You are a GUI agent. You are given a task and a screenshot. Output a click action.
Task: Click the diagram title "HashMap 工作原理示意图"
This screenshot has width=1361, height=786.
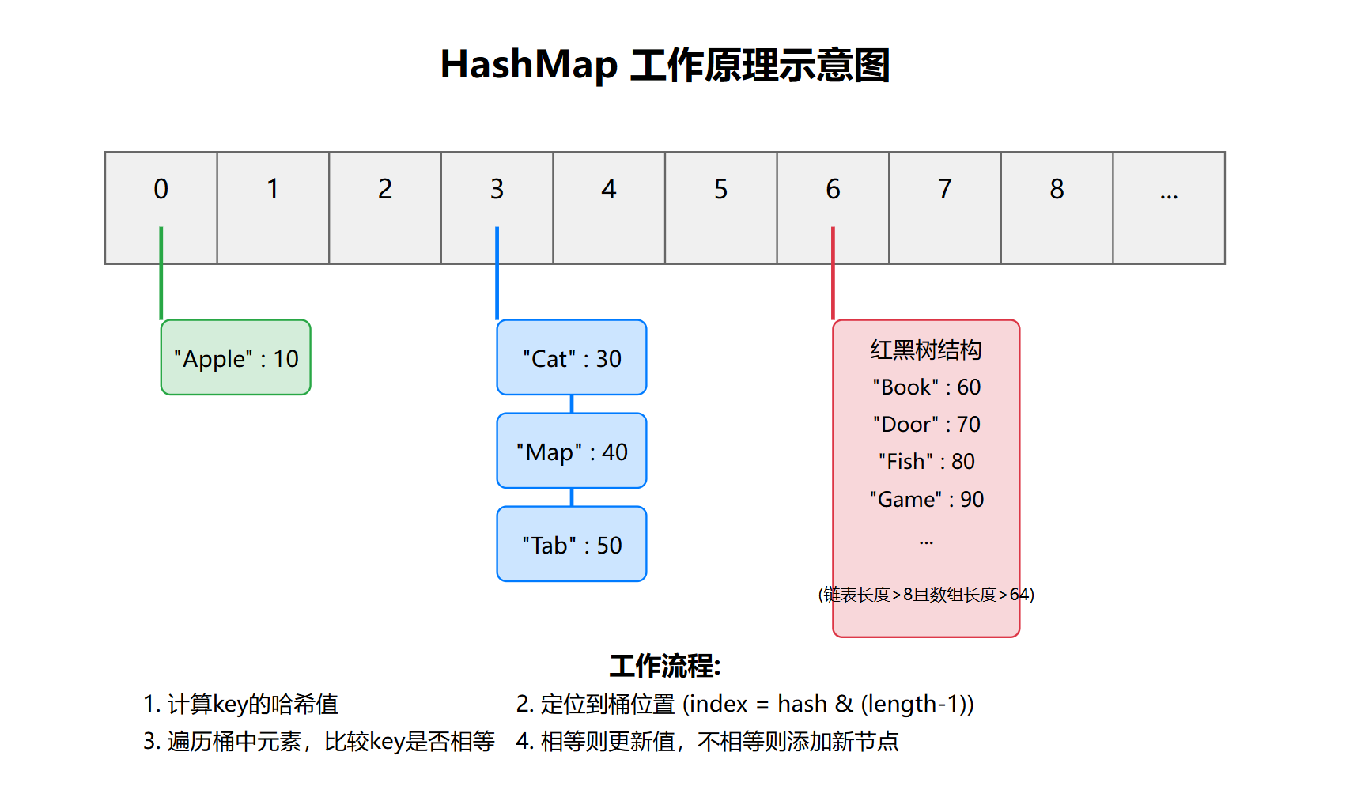[665, 65]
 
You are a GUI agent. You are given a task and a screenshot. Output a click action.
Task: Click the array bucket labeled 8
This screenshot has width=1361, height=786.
[1057, 207]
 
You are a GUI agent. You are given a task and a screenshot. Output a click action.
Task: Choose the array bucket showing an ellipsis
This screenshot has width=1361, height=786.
[1169, 207]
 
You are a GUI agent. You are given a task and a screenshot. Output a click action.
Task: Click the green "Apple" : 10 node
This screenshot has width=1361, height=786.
[236, 357]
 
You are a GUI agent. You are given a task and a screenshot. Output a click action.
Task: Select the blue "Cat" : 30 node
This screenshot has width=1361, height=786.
[572, 357]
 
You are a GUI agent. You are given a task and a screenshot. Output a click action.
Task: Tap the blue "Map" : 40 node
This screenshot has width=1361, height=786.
[572, 451]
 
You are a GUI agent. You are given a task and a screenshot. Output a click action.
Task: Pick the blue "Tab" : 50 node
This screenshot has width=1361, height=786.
[572, 544]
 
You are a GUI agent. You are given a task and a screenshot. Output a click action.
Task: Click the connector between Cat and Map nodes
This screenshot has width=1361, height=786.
[572, 404]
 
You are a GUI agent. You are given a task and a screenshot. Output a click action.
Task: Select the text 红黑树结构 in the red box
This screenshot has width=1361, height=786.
[926, 350]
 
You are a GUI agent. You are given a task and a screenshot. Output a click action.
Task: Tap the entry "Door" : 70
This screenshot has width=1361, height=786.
[926, 425]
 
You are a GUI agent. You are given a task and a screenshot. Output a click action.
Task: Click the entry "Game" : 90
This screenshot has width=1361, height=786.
[926, 500]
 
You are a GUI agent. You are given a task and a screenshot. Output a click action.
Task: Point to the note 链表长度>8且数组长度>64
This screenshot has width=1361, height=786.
[926, 595]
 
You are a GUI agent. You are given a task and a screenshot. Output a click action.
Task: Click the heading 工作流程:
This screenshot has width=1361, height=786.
[665, 666]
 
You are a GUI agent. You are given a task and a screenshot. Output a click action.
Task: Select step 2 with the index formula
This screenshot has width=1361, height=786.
[745, 704]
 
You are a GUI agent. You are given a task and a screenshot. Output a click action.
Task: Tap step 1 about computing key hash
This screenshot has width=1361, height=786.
[240, 704]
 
